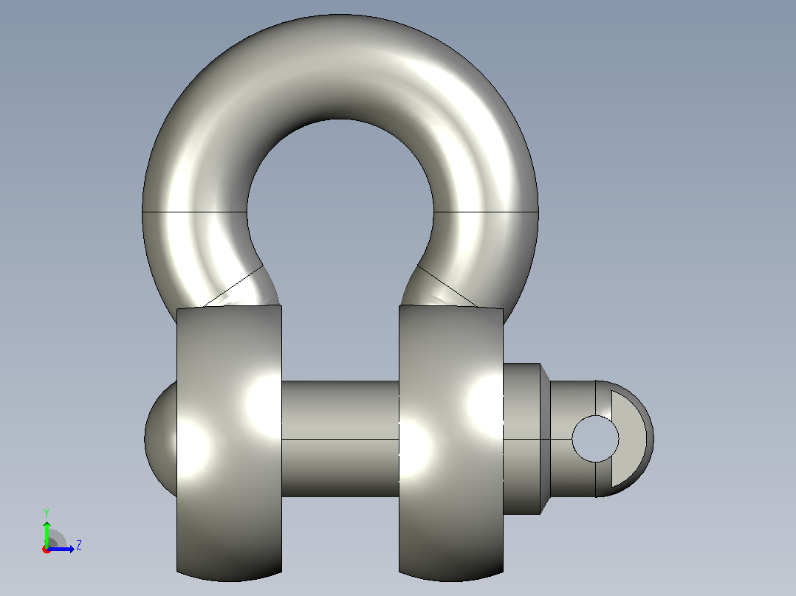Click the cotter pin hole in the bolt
pos(595,439)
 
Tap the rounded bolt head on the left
pos(160,439)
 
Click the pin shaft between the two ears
pos(340,439)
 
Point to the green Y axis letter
pos(47,513)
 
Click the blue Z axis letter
pos(79,545)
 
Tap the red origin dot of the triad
pos(47,550)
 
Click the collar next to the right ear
pos(521,439)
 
